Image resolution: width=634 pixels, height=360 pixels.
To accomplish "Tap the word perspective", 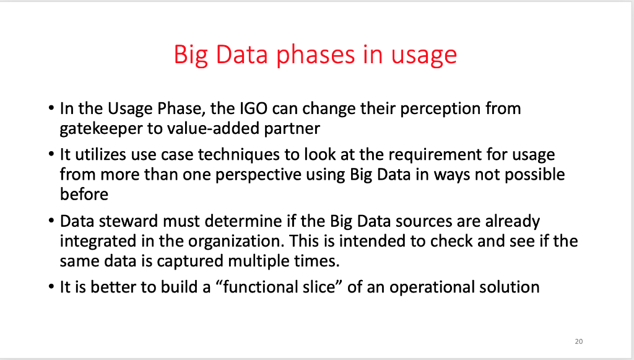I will [253, 174].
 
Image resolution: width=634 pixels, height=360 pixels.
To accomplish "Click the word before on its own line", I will [84, 195].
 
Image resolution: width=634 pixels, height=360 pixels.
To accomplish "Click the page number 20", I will [579, 341].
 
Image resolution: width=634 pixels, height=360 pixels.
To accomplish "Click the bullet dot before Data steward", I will [51, 222].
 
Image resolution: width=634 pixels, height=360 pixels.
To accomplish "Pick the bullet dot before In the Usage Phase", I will [51, 110].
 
